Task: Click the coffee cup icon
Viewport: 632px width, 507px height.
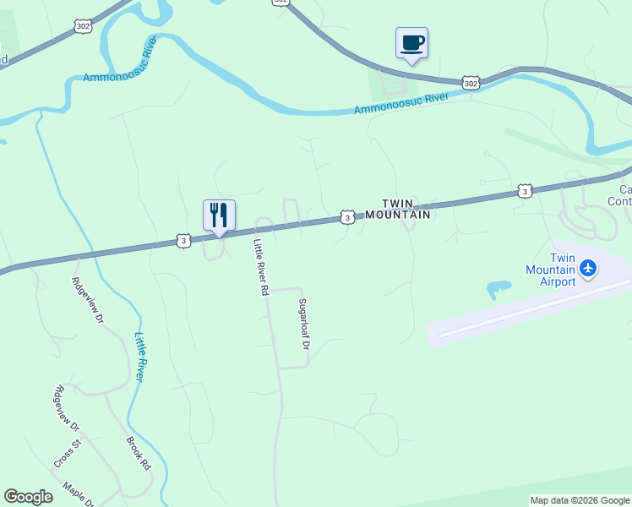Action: point(411,43)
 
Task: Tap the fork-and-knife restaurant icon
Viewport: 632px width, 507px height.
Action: point(219,215)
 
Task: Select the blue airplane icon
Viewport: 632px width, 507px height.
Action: point(589,270)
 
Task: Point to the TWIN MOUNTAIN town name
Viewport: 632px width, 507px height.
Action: point(406,209)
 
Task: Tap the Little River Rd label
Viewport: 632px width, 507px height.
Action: point(261,266)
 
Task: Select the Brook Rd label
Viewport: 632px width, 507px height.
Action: point(138,454)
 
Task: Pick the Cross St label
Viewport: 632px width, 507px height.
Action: point(67,454)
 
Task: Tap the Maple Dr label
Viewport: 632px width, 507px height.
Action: point(77,493)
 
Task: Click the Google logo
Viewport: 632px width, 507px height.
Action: point(28,497)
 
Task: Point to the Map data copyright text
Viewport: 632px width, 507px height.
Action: point(580,500)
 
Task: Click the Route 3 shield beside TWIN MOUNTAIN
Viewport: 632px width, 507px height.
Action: point(347,218)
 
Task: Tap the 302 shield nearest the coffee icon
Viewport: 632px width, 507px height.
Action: point(471,83)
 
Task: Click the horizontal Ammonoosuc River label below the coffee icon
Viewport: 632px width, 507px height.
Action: point(400,104)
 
